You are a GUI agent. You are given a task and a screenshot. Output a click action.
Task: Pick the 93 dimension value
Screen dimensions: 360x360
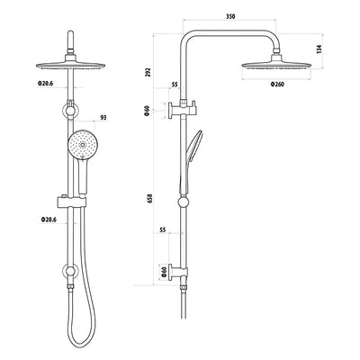(104, 117)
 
